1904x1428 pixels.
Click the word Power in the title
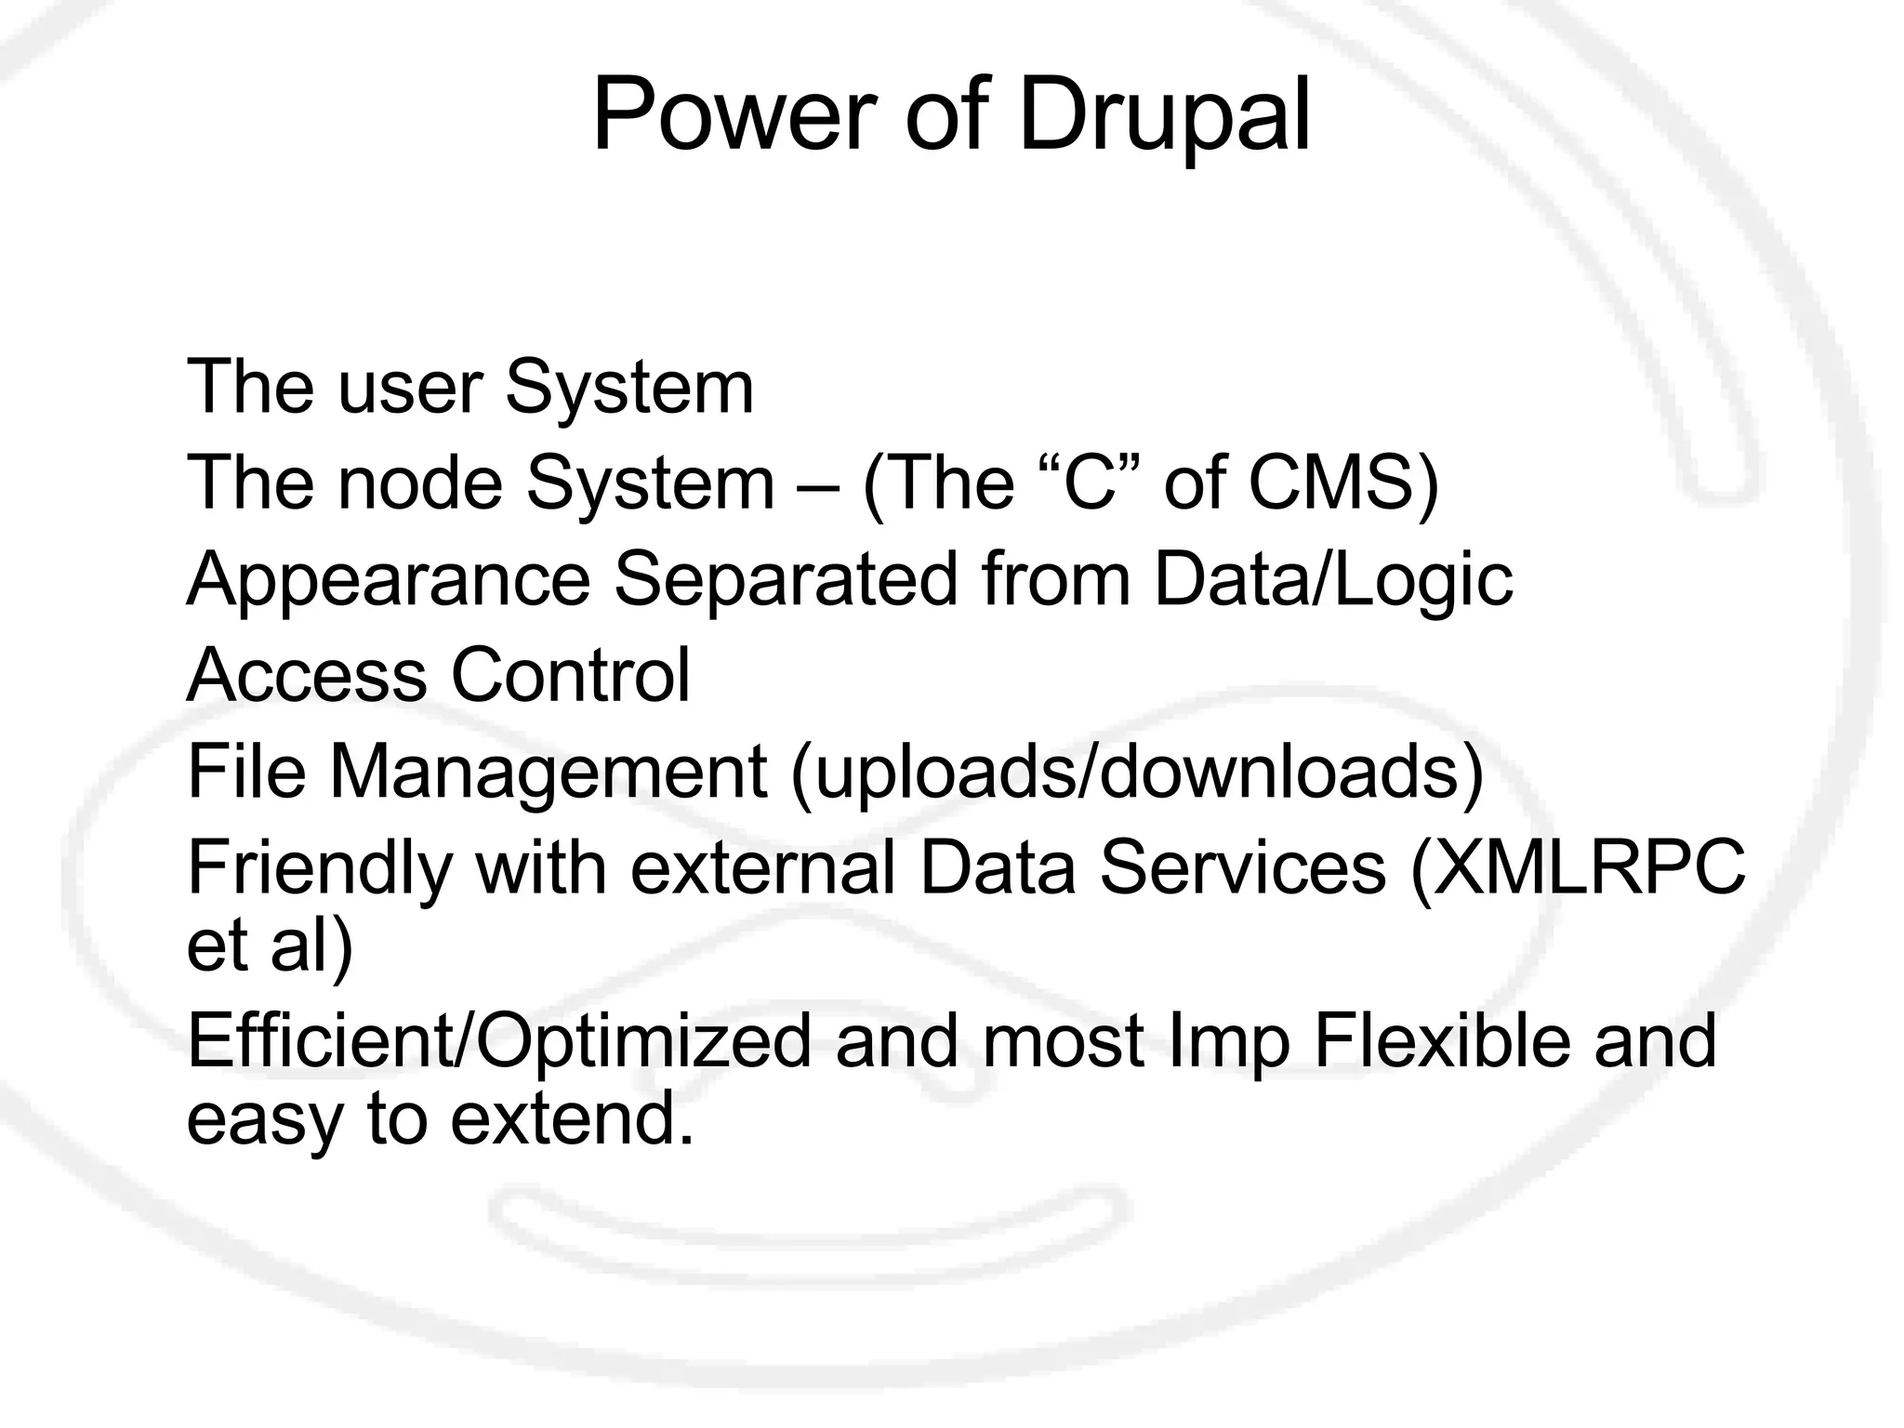click(x=734, y=117)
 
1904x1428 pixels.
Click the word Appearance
click(x=389, y=581)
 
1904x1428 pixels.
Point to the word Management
click(x=549, y=773)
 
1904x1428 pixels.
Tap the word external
click(x=762, y=868)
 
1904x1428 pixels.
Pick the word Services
click(x=1243, y=868)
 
